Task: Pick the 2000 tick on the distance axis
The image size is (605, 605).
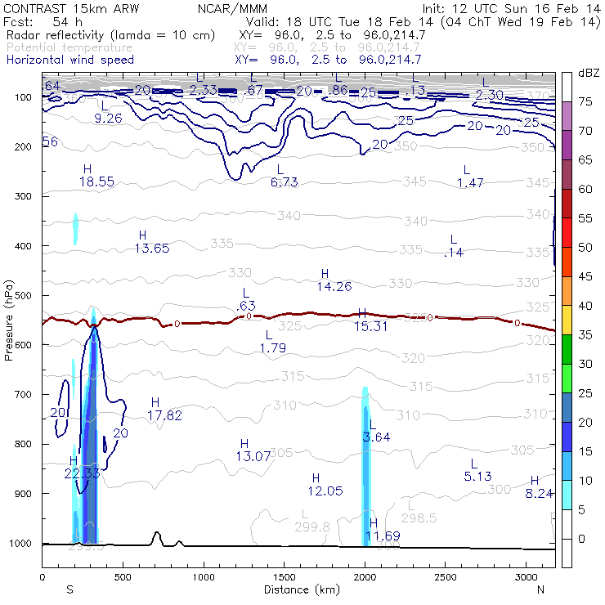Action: coord(365,576)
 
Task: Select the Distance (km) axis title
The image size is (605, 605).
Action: coord(298,589)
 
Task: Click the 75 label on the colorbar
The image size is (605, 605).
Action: coord(585,102)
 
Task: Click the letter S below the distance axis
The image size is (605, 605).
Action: coord(69,589)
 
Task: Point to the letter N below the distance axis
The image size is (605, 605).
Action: coord(540,589)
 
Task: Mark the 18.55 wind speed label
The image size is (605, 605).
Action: coord(96,181)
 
